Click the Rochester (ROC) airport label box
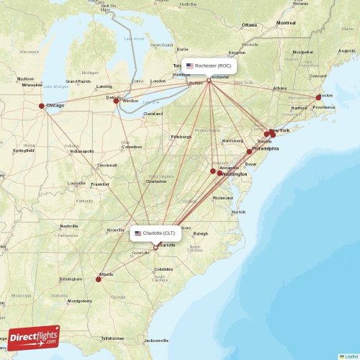point(208,65)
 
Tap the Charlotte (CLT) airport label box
point(156,233)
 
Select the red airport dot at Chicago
point(41,106)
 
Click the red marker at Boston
point(318,97)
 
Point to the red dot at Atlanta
point(99,279)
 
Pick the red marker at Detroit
point(116,101)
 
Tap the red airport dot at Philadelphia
point(250,151)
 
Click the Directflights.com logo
point(33,338)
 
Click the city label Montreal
point(285,23)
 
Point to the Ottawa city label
point(249,24)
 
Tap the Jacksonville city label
point(156,340)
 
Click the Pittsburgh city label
point(181,136)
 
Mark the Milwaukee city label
point(32,84)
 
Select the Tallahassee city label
point(112,338)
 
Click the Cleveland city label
point(153,114)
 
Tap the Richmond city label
point(222,197)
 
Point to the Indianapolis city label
point(81,151)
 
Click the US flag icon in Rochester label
point(190,65)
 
